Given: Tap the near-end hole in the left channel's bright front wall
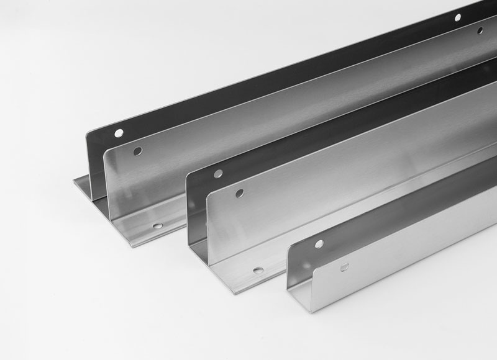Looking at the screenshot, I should [x=138, y=151].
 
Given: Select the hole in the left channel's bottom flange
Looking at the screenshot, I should [x=157, y=227].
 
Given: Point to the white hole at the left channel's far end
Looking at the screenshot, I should [x=457, y=18].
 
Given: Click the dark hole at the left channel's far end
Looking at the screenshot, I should [x=480, y=29].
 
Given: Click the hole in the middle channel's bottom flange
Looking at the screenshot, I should [x=257, y=271].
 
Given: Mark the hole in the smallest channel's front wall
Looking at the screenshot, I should [x=342, y=267].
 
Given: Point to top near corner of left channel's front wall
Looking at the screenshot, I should [x=104, y=151].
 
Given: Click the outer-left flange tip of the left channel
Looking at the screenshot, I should [x=73, y=179].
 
